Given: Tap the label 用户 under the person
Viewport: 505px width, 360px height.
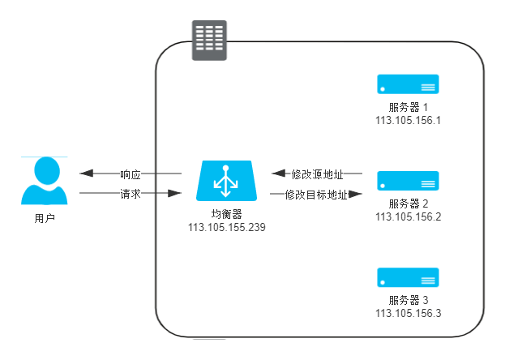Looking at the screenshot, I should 45,219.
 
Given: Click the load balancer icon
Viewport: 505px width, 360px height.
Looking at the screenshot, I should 226,181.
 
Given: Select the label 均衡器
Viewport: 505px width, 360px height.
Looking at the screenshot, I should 226,213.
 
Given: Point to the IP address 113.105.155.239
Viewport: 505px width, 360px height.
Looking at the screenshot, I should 227,227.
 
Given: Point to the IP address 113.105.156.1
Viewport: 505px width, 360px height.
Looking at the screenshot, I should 408,120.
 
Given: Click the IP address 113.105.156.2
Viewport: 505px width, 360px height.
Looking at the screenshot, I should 408,216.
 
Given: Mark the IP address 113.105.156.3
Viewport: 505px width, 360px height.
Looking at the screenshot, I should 408,313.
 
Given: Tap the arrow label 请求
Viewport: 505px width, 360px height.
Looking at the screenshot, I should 131,194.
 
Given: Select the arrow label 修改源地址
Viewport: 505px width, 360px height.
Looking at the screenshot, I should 317,174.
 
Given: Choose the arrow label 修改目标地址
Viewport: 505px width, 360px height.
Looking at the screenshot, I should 316,195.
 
